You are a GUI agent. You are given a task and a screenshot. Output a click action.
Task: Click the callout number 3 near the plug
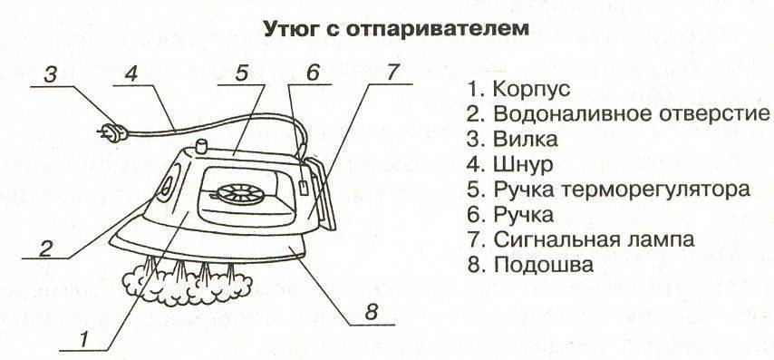[52, 76]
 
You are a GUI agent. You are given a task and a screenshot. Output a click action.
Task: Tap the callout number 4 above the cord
[131, 74]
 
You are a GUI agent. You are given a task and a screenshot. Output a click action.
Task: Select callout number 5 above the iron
[241, 73]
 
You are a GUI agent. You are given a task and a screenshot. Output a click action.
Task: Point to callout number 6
[313, 73]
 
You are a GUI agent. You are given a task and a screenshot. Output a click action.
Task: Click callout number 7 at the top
[391, 73]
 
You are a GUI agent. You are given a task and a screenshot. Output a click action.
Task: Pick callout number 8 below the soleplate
[372, 313]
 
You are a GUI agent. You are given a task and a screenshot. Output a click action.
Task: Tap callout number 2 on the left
[45, 248]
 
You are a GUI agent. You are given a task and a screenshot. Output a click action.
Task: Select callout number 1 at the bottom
[84, 339]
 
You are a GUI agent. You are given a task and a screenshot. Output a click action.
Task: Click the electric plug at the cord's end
[112, 131]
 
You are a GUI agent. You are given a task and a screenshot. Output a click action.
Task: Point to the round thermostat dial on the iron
[241, 194]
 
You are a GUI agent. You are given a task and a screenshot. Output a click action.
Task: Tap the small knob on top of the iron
[201, 147]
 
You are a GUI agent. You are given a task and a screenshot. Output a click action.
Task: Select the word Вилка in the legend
[526, 139]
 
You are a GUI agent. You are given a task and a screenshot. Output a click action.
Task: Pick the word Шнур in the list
[523, 165]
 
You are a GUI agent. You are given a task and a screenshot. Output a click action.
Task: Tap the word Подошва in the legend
[543, 265]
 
